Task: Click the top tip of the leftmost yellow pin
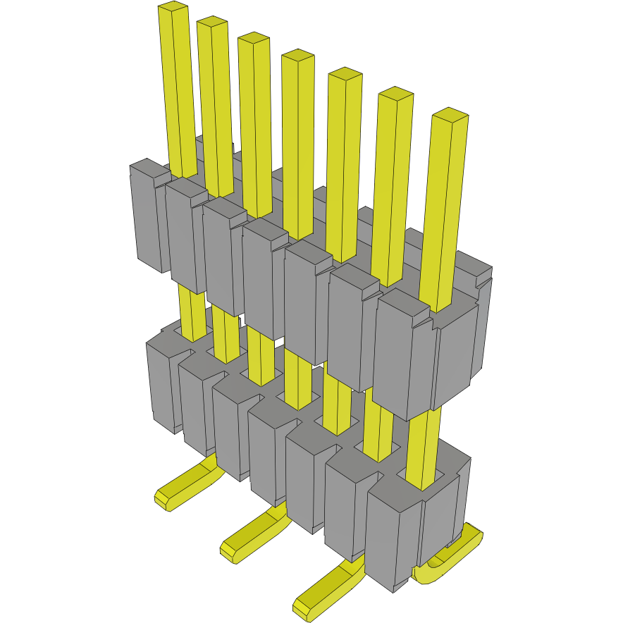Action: (x=173, y=6)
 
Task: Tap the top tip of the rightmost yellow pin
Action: (x=450, y=114)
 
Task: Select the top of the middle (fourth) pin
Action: (x=297, y=54)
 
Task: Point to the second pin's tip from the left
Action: (x=212, y=22)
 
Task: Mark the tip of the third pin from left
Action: (x=254, y=37)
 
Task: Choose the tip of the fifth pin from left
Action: (x=345, y=73)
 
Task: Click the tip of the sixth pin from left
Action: (x=395, y=93)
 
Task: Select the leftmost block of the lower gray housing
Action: (x=161, y=384)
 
